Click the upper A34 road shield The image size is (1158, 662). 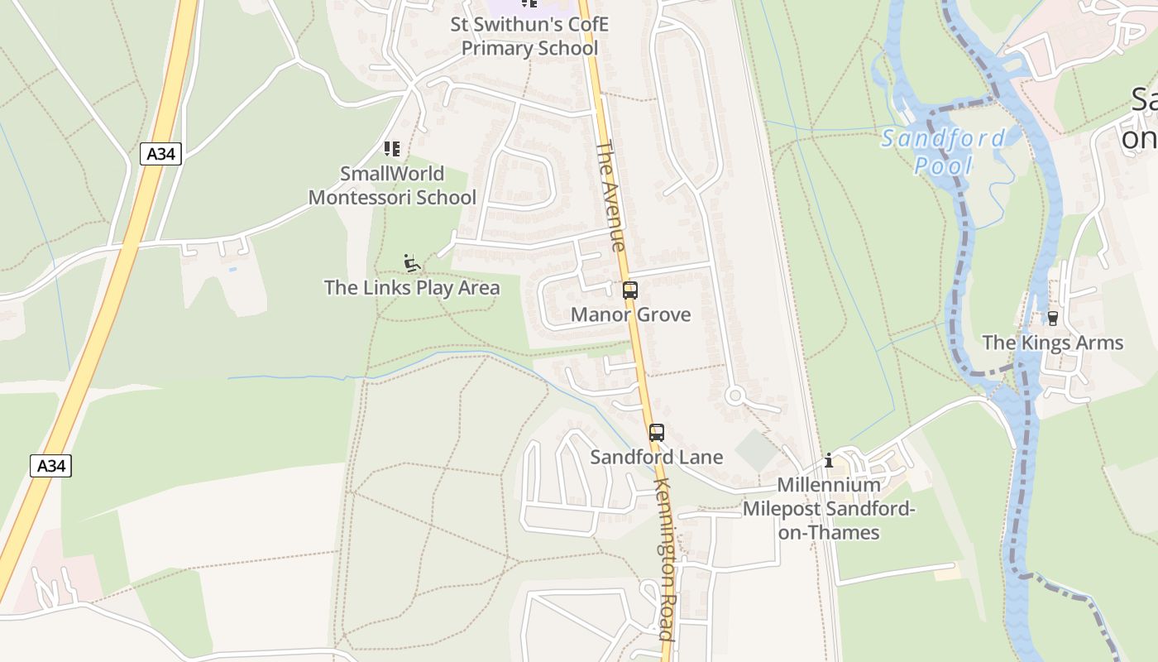pos(160,153)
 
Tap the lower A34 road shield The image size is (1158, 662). pos(50,465)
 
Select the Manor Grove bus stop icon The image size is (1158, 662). pos(630,290)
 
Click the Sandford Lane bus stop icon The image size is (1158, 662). pos(657,432)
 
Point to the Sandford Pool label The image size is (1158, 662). pos(944,151)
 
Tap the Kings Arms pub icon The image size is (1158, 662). pos(1052,318)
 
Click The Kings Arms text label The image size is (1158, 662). pos(1052,343)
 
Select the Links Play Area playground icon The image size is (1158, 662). pos(411,263)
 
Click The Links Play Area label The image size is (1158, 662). pos(412,287)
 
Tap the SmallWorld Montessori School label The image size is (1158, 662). pos(392,185)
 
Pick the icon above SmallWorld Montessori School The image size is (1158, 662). pos(392,149)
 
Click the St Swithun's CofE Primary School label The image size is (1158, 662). pos(529,36)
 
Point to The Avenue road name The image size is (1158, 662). pos(610,196)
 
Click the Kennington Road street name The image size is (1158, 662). pos(665,559)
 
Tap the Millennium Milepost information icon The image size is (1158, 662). pos(829,460)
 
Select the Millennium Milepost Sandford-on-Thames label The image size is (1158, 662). pos(829,508)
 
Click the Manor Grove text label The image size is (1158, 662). pos(630,314)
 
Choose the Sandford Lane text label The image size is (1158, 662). pos(657,457)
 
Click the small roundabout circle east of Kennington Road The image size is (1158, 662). pos(735,396)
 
